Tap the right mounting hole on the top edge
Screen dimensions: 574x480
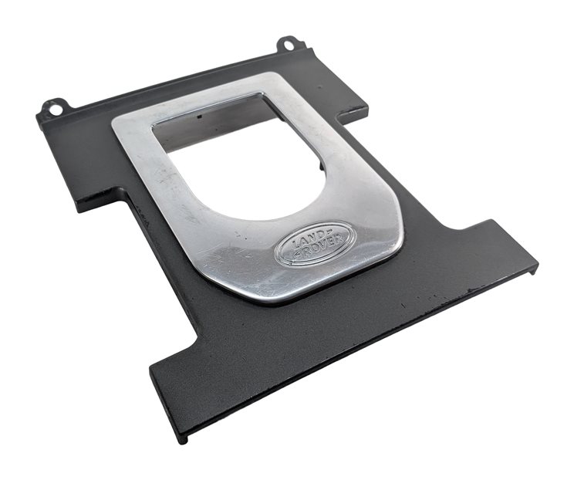click(288, 44)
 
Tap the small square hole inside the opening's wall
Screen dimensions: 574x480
click(199, 117)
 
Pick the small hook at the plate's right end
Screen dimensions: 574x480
click(534, 270)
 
